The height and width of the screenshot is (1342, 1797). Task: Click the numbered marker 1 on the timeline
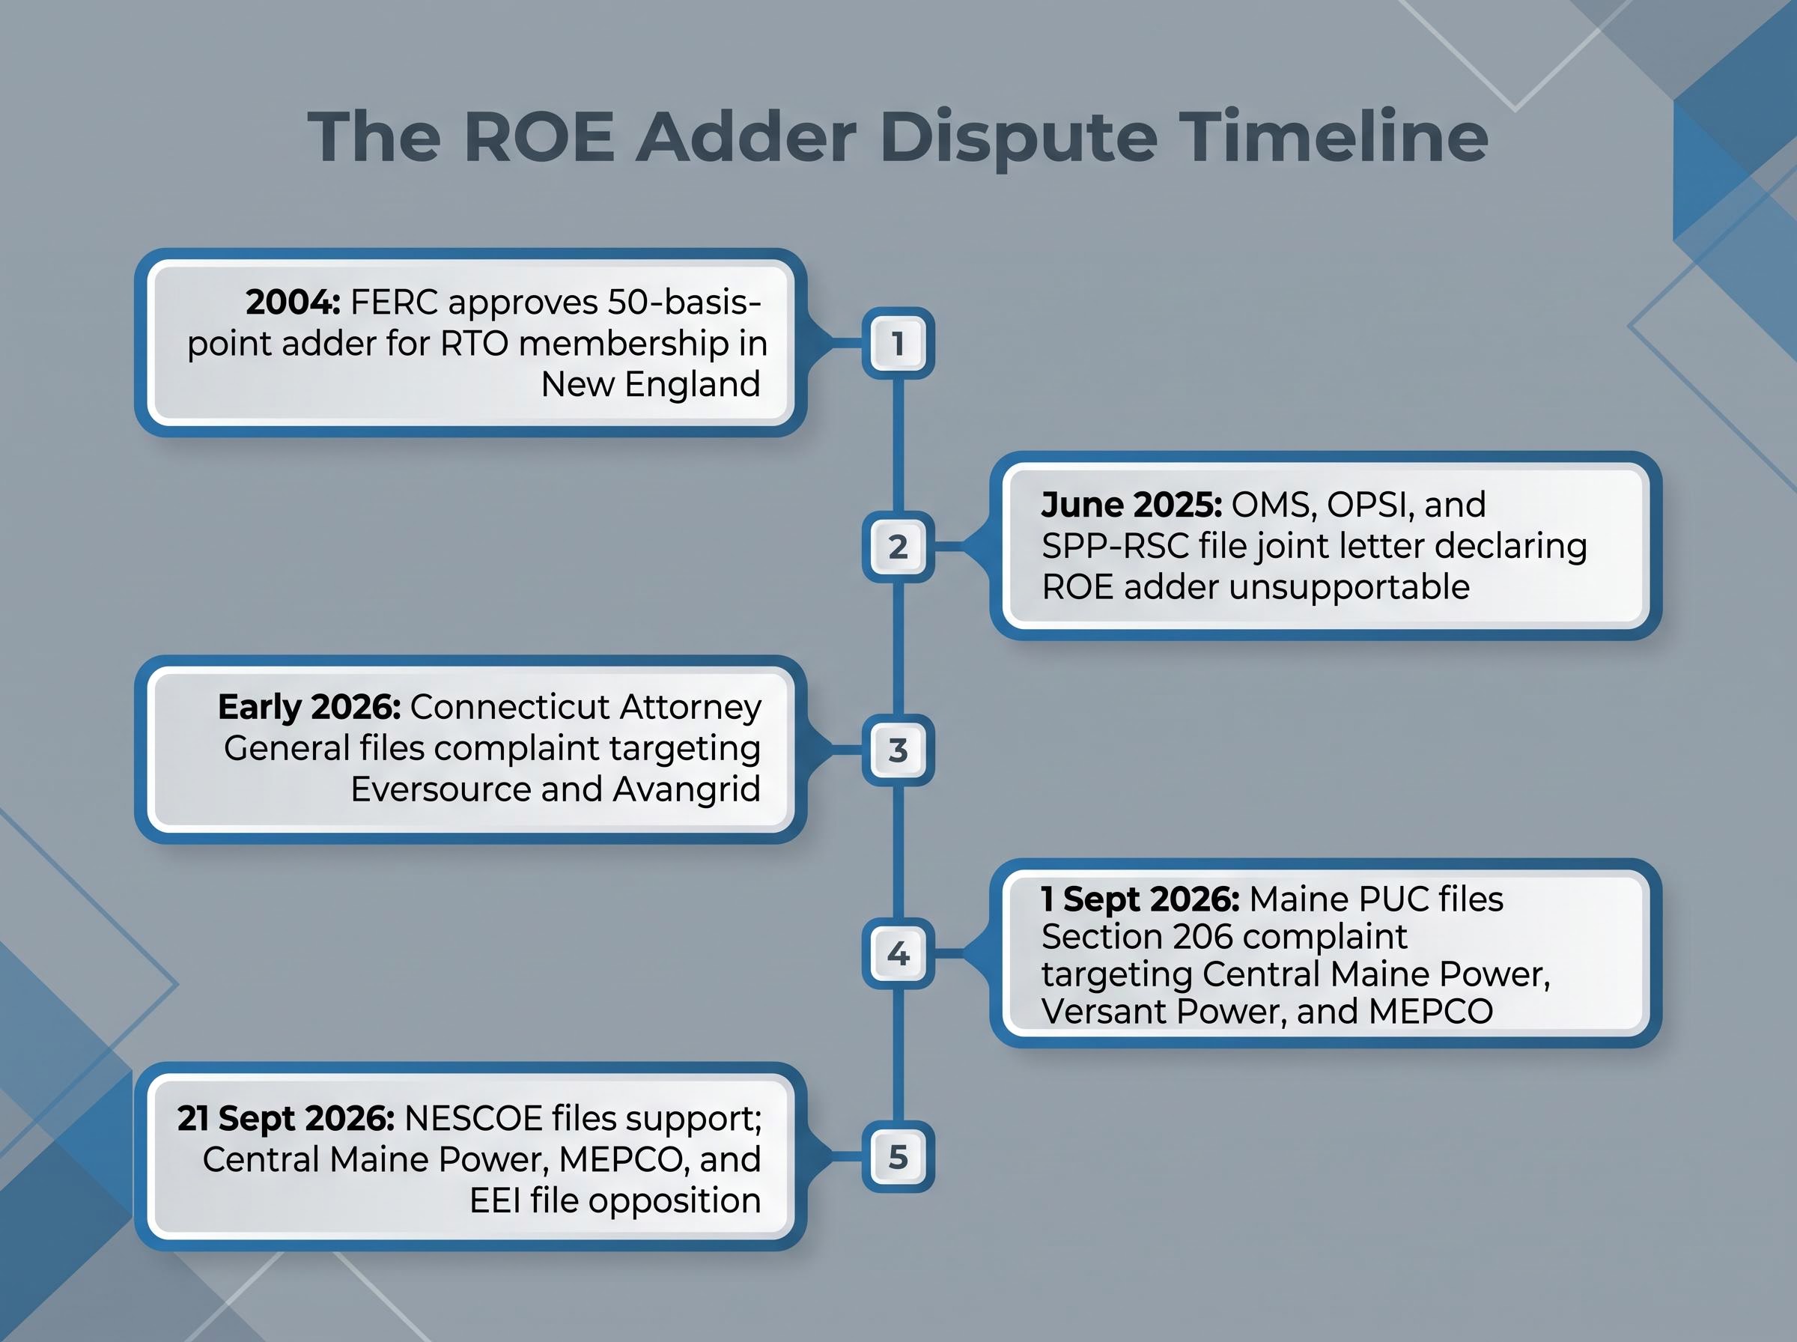[898, 343]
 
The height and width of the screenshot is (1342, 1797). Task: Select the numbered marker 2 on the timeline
[898, 547]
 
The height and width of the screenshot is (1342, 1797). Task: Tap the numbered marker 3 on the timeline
[898, 750]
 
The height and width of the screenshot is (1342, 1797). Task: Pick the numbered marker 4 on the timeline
[898, 953]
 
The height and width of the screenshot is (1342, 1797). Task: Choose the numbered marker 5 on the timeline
[898, 1157]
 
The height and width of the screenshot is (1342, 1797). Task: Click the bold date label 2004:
[294, 303]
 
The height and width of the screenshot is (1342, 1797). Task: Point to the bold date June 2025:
[1131, 505]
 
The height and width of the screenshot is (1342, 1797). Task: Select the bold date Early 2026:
[309, 708]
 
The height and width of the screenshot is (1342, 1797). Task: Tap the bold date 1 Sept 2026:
[1140, 899]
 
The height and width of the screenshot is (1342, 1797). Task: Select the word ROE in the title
[539, 136]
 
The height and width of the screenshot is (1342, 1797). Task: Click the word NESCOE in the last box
[473, 1119]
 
